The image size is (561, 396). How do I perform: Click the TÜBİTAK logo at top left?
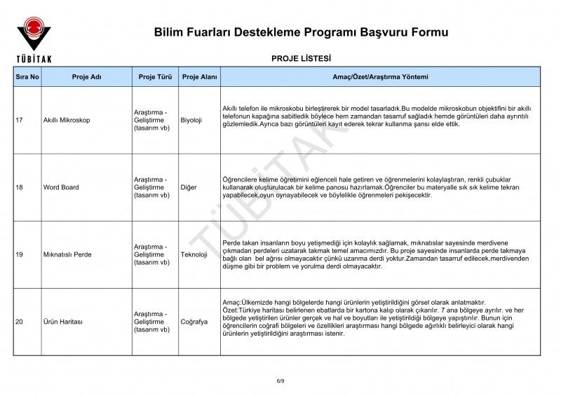(33, 38)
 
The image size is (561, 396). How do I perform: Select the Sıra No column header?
(27, 76)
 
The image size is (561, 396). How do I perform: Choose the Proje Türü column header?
(155, 76)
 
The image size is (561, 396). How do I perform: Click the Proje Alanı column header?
(199, 76)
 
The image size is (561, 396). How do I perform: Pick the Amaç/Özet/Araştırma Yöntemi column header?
(379, 76)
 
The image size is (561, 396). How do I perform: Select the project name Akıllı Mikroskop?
(67, 121)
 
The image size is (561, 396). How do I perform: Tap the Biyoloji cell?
(191, 121)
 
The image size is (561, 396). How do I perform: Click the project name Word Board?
(61, 188)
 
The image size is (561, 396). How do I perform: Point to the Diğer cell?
(188, 188)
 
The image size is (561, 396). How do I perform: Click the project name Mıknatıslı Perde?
(67, 255)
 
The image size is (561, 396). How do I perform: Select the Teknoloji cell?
(194, 255)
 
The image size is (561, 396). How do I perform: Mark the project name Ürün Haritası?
(63, 322)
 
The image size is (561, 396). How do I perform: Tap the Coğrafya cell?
(194, 322)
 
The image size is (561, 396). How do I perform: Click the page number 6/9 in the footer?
(280, 380)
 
